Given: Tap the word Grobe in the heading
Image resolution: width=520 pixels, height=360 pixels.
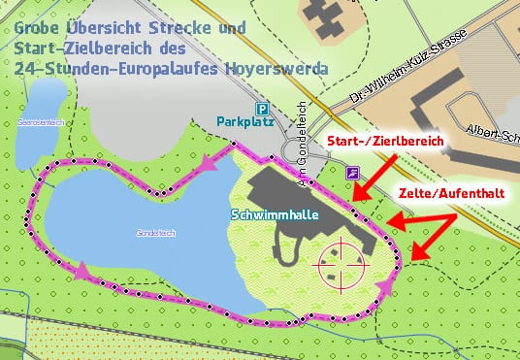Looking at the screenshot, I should [x=40, y=28].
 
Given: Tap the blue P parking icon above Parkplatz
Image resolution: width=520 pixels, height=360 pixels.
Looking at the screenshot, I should [x=261, y=109].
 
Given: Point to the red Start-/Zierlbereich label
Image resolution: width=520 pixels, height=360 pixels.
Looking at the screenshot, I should [x=385, y=143].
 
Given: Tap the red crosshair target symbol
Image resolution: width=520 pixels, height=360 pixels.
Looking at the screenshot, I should [x=342, y=261].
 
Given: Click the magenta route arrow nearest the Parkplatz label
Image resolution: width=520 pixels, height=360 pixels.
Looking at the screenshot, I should [x=209, y=169].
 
